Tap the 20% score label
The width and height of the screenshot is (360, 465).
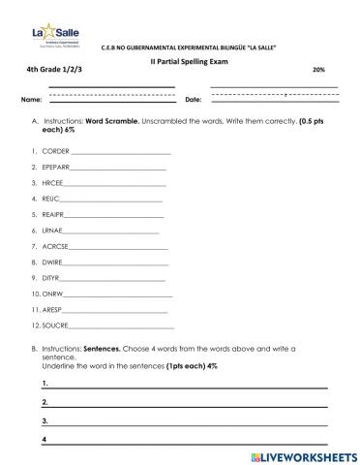319,71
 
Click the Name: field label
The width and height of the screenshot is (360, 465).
31,100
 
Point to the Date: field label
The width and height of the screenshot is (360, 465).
192,100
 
